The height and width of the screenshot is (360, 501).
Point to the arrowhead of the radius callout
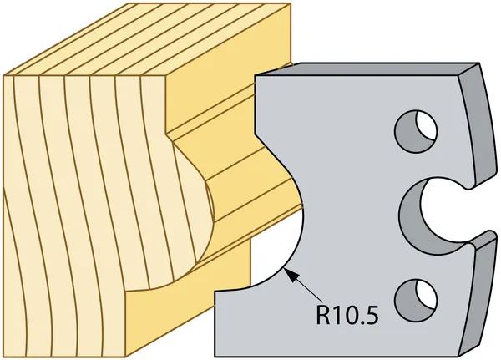coord(290,274)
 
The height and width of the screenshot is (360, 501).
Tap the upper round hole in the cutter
coord(416,131)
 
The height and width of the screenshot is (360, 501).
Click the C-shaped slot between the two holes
coord(412,214)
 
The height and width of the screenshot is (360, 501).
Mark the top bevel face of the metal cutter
coord(367,68)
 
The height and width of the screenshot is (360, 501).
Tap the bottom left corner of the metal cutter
coord(215,356)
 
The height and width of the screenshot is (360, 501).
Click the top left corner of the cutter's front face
coord(255,76)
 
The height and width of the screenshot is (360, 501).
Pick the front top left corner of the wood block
coord(4,76)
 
